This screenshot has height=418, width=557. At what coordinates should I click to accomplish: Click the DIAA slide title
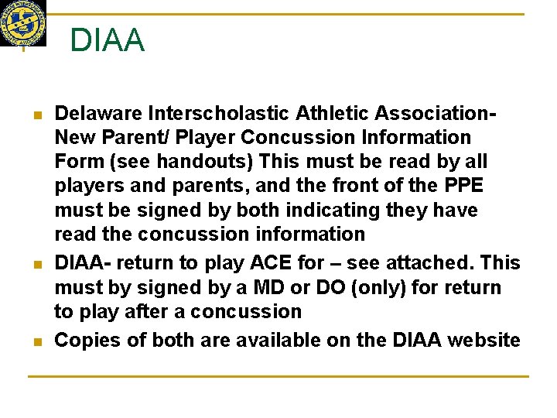pos(107,40)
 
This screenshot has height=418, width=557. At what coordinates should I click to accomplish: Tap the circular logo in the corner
pos(22,22)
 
